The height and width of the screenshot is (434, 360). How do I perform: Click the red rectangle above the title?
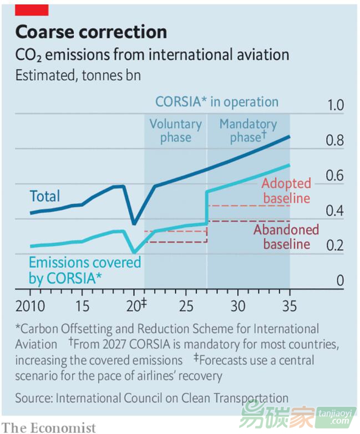(x=32, y=9)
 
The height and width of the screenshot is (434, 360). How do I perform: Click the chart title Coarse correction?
(x=91, y=32)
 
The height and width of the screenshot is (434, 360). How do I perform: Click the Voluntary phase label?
(x=175, y=131)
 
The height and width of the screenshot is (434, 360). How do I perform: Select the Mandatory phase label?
(x=248, y=131)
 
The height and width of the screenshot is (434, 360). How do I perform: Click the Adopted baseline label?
(x=286, y=191)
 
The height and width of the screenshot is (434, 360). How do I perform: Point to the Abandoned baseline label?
(x=286, y=237)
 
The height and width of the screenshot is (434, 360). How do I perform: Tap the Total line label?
(x=45, y=196)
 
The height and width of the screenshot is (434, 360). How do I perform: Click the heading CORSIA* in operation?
(x=216, y=102)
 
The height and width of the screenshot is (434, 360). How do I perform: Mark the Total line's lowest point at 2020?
(x=134, y=224)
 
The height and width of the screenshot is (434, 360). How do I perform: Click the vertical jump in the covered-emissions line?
(x=206, y=208)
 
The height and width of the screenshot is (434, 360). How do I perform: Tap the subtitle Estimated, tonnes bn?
(x=78, y=75)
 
